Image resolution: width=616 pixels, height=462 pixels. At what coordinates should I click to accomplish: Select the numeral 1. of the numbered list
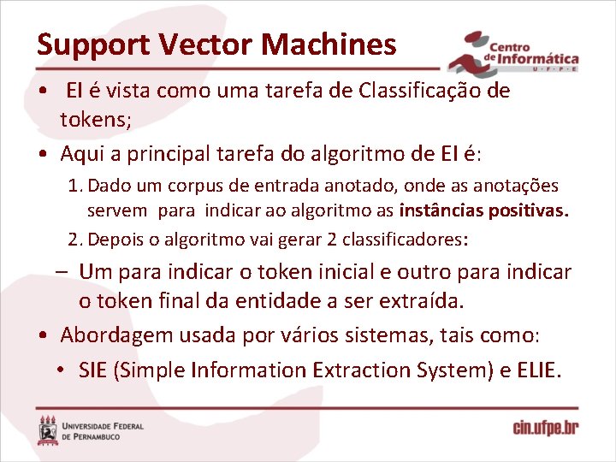75,186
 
